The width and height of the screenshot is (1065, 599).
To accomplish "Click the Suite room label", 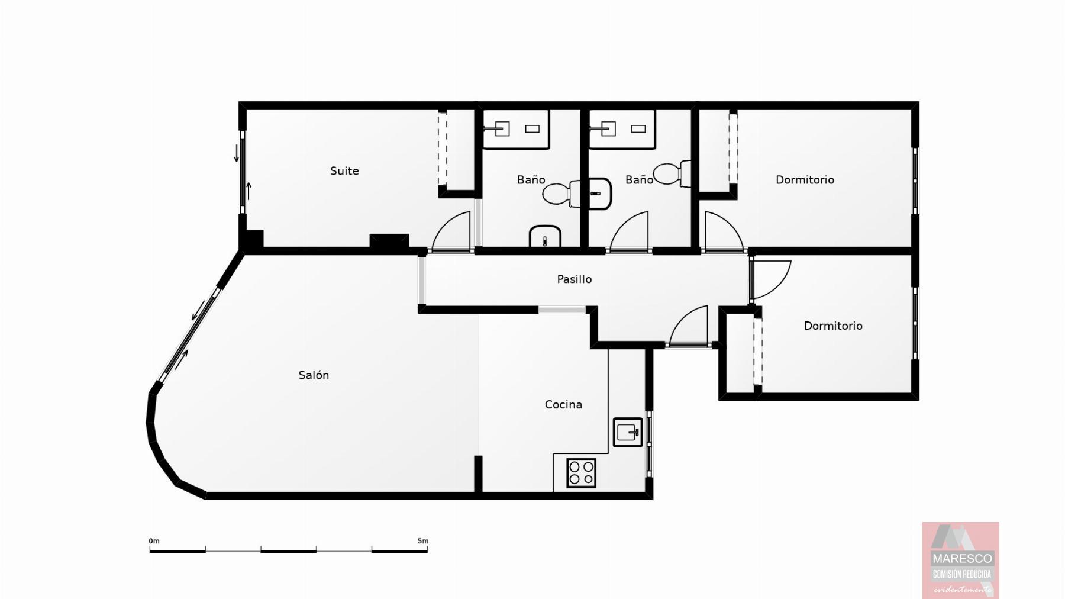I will [x=344, y=171].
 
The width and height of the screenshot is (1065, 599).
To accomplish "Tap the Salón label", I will [x=314, y=375].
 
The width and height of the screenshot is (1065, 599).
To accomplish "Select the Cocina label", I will [x=563, y=405].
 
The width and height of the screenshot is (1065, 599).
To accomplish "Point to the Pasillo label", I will [x=574, y=279].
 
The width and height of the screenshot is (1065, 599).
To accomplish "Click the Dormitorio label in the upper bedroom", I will [x=805, y=180].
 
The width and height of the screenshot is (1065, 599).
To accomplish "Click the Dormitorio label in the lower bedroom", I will [x=833, y=326].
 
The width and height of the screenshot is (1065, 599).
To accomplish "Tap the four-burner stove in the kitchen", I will [x=581, y=473].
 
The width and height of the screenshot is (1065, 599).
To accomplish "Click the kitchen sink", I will [x=628, y=433].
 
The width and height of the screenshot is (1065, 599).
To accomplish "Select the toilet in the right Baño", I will [x=672, y=173].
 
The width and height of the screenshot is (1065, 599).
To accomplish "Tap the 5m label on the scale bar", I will [x=422, y=541].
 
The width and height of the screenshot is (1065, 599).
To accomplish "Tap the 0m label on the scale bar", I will [x=154, y=541].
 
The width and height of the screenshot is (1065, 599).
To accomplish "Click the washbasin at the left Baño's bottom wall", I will [x=545, y=236].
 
